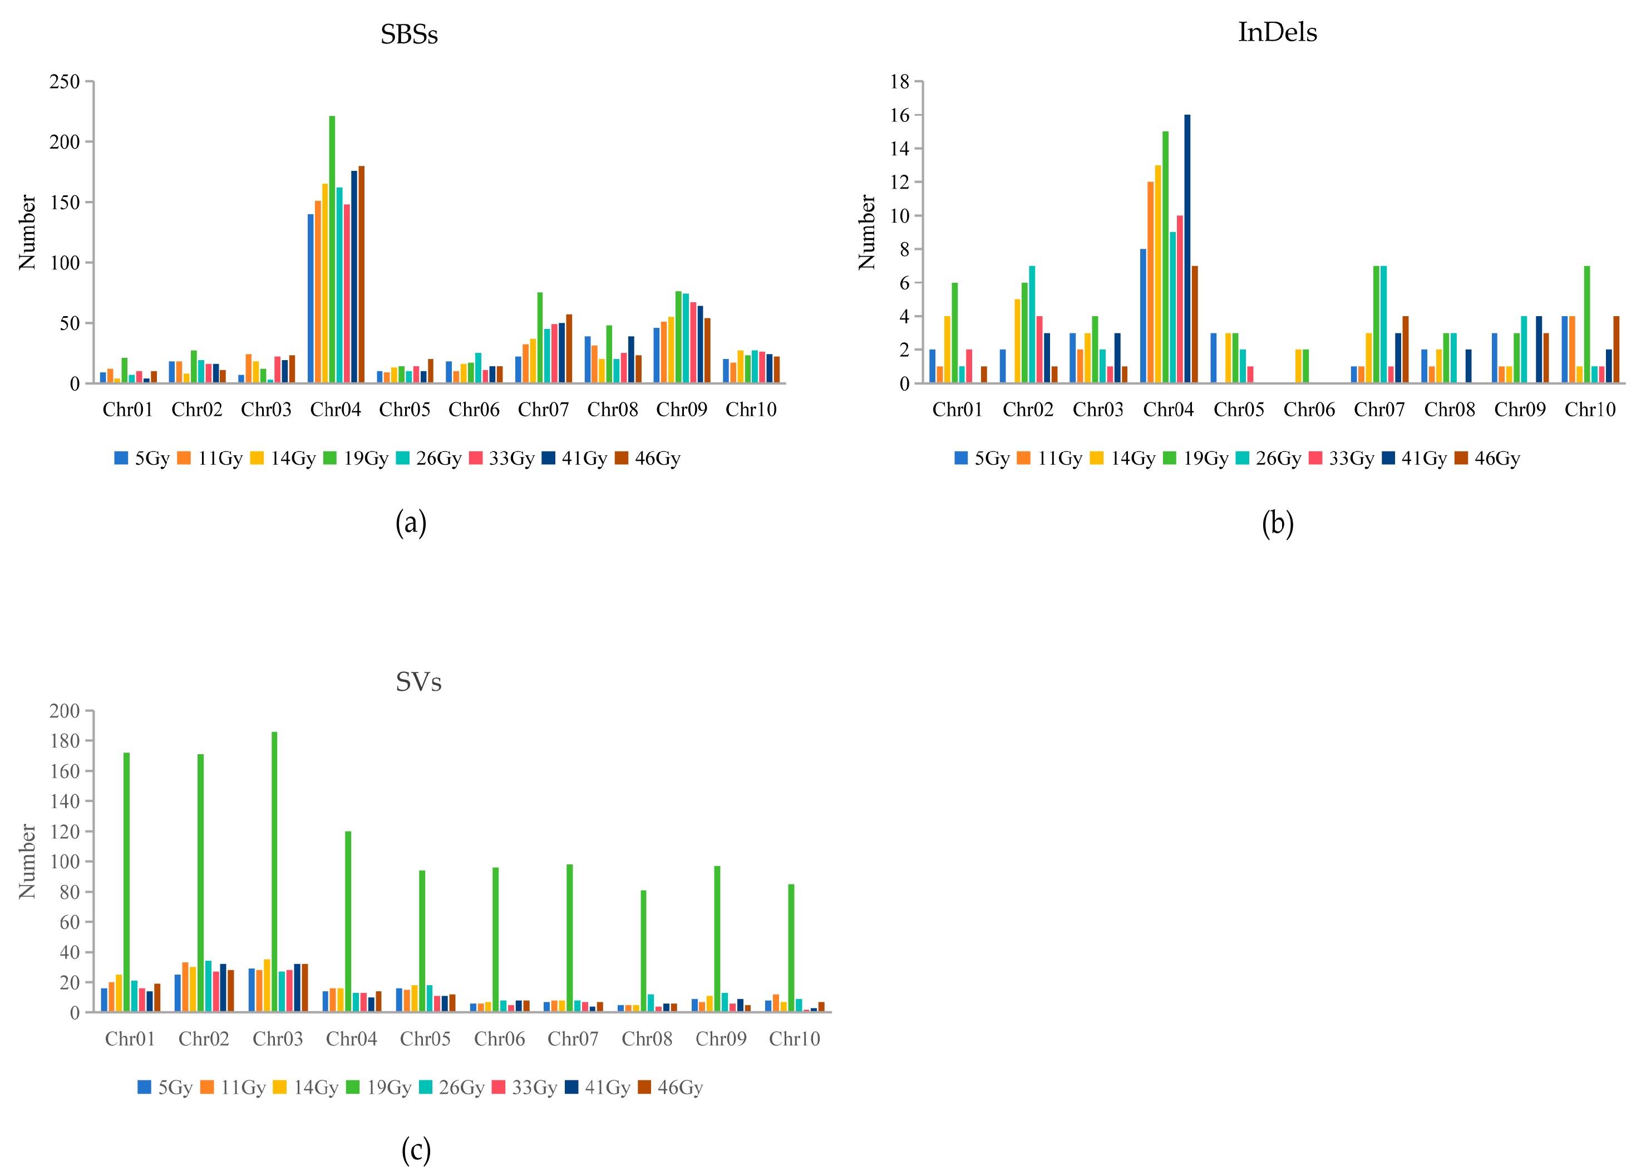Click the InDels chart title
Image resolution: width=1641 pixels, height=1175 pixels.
pyautogui.click(x=1277, y=32)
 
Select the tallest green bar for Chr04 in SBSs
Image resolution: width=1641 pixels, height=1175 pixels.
pyautogui.click(x=332, y=249)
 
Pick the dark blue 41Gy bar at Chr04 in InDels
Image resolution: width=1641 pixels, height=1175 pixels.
pyautogui.click(x=1187, y=249)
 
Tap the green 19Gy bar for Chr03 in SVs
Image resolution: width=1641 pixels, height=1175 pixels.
pyautogui.click(x=274, y=872)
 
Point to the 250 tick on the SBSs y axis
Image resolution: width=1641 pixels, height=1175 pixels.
pyautogui.click(x=65, y=82)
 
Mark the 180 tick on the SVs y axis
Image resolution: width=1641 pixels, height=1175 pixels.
pyautogui.click(x=65, y=741)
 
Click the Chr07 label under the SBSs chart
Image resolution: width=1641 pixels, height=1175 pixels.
pyautogui.click(x=543, y=410)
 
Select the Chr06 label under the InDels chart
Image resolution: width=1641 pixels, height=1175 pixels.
pyautogui.click(x=1308, y=410)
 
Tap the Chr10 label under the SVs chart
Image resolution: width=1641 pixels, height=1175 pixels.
pyautogui.click(x=794, y=1039)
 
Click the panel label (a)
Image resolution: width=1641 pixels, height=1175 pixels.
pyautogui.click(x=411, y=523)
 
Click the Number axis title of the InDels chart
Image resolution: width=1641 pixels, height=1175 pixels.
pyautogui.click(x=866, y=232)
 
